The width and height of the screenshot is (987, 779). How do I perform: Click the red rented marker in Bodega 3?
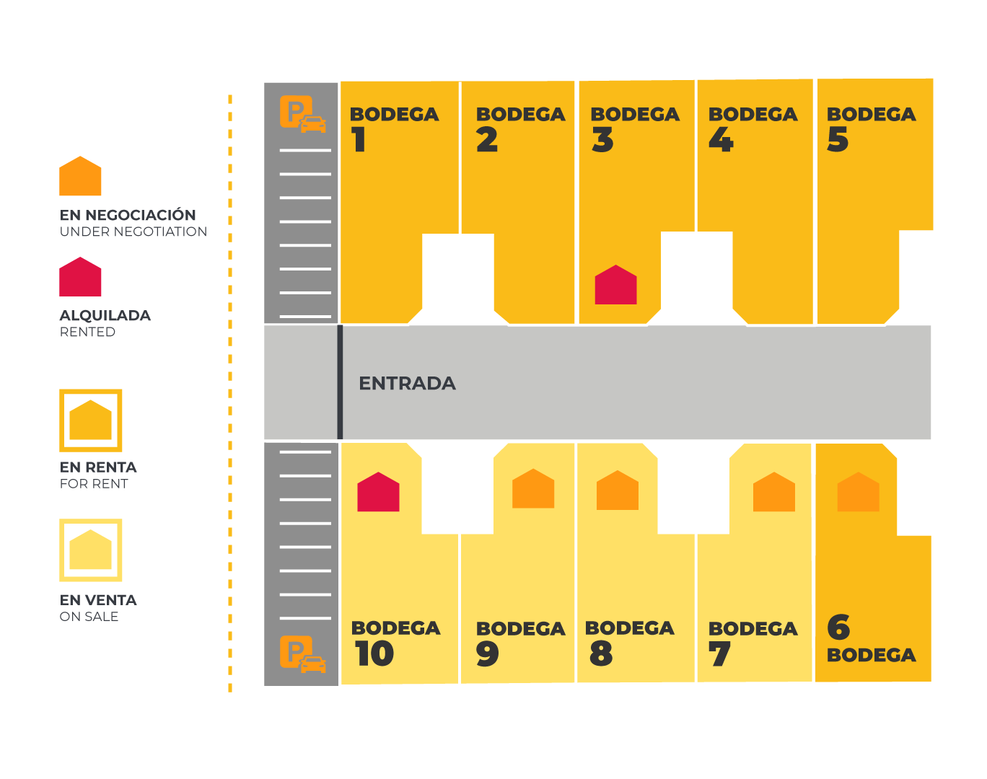(x=615, y=286)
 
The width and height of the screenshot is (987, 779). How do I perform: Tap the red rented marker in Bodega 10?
(x=378, y=493)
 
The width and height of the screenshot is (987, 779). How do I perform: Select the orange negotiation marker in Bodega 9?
(x=533, y=490)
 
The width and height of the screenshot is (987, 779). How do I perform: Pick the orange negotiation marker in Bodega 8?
(x=618, y=491)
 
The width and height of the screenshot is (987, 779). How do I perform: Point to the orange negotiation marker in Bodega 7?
(x=774, y=493)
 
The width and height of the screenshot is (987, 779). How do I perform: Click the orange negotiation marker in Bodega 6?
(x=858, y=493)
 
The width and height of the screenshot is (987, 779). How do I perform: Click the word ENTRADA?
(x=407, y=383)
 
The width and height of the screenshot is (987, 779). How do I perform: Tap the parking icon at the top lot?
(x=302, y=114)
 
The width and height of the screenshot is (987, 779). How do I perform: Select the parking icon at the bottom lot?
(x=302, y=655)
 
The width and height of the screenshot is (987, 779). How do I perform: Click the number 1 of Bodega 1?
(x=359, y=140)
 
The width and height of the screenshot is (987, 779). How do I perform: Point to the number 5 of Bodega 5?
(x=838, y=140)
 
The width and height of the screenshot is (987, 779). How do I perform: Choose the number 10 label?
(x=374, y=654)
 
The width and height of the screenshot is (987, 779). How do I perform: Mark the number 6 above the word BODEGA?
(x=838, y=628)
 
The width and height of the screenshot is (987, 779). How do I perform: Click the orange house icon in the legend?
(x=80, y=177)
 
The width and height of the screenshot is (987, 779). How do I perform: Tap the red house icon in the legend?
(x=80, y=278)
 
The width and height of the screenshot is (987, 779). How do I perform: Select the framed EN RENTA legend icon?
(x=91, y=421)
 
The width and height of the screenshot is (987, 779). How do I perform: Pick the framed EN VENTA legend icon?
(x=91, y=550)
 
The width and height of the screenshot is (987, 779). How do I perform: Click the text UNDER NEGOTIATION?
(x=133, y=232)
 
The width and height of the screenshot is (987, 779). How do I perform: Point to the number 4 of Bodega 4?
(x=721, y=140)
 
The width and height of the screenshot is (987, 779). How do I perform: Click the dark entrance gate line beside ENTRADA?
(x=340, y=382)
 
